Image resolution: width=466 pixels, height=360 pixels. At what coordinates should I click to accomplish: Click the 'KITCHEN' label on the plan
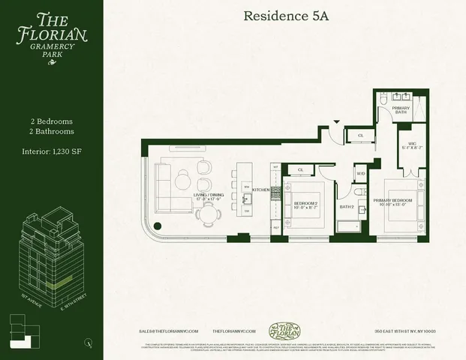click(x=260, y=190)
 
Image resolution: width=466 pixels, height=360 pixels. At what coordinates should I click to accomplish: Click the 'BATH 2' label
click(x=347, y=207)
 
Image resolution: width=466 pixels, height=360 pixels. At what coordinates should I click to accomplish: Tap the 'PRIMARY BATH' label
click(x=401, y=109)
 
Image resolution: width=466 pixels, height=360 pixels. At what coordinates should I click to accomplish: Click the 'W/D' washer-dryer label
click(x=360, y=174)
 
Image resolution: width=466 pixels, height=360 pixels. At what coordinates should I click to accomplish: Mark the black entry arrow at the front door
click(x=337, y=122)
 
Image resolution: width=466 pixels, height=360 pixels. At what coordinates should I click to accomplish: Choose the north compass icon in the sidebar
click(x=89, y=343)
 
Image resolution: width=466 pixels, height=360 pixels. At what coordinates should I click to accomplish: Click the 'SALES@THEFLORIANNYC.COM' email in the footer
click(x=167, y=331)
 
